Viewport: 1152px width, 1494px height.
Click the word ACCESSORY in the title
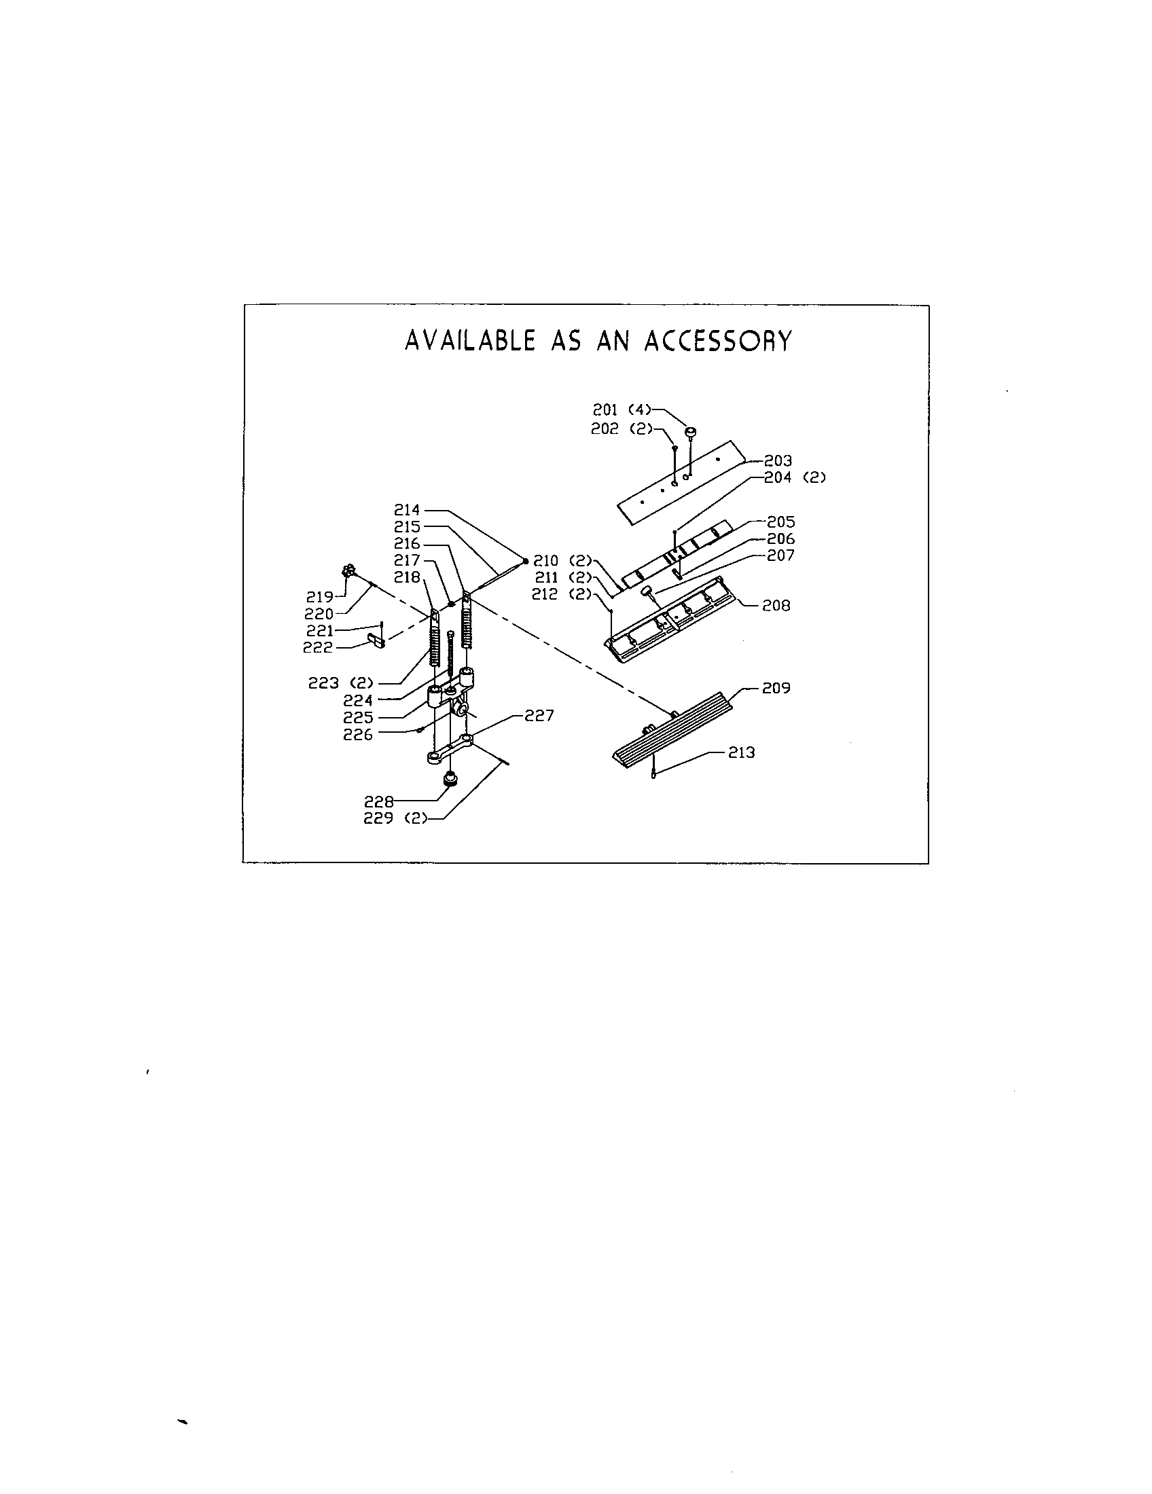pos(718,340)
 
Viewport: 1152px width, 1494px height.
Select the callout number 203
pos(778,460)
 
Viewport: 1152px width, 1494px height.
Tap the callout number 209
pos(776,688)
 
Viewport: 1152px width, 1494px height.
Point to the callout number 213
pos(741,752)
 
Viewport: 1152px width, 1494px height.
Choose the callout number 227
pos(539,716)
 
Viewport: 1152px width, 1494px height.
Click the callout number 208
pos(776,605)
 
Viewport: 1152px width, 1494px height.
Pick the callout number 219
pos(319,596)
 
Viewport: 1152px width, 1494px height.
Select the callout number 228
pos(378,802)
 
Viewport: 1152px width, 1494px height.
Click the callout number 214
pos(407,509)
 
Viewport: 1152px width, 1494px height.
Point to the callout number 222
pos(317,647)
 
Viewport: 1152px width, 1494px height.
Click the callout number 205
pos(780,522)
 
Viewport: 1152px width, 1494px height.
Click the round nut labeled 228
pos(451,778)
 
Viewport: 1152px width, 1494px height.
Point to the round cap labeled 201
pos(691,431)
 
